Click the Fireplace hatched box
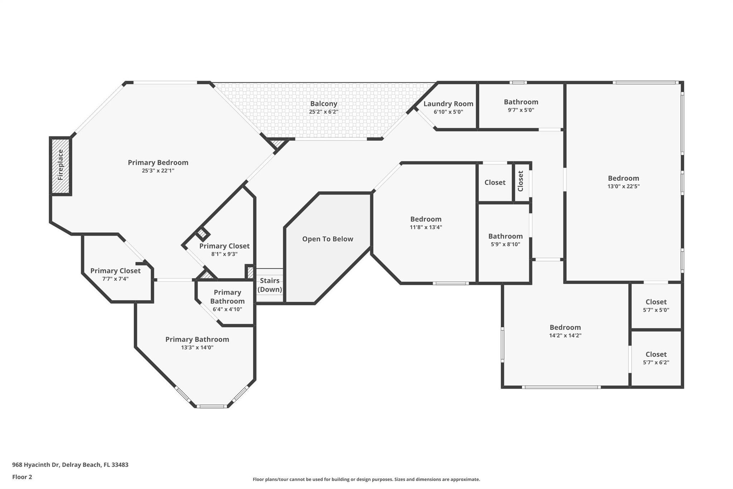pos(60,166)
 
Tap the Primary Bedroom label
pos(158,163)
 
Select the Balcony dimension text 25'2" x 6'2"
pos(324,112)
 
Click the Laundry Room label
pos(448,104)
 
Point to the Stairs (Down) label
pos(270,285)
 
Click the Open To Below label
pos(327,239)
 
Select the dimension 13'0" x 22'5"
pos(623,186)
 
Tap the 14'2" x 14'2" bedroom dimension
pos(565,336)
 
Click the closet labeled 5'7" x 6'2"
pos(656,358)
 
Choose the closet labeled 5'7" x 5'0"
pos(656,306)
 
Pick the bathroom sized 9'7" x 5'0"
pos(521,106)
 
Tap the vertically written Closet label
pos(520,181)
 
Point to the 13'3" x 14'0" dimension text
pos(197,347)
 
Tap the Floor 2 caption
pos(22,477)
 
